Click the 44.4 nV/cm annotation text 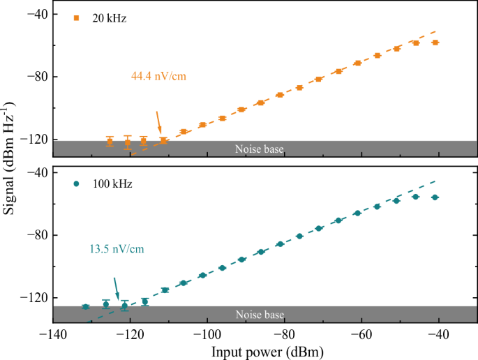[158, 75]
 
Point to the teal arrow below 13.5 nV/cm [116, 287]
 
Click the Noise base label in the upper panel [259, 149]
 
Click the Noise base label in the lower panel [259, 314]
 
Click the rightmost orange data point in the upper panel [435, 43]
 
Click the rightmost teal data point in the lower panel [435, 197]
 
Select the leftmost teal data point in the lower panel [86, 307]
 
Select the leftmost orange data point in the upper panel [110, 142]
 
